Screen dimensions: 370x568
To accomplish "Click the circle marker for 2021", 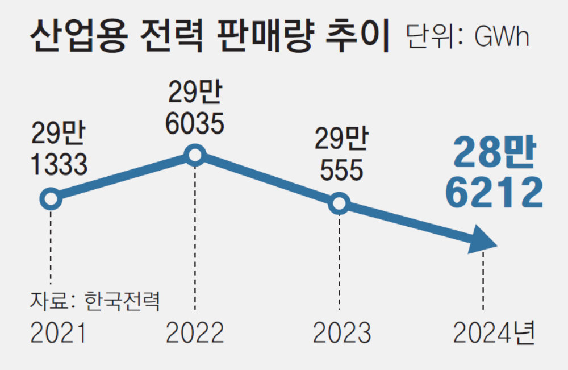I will coord(51,199).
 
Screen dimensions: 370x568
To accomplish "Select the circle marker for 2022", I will coord(195,155).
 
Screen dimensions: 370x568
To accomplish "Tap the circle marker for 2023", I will coord(339,203).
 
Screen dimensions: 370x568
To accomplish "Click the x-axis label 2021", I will coord(58,334).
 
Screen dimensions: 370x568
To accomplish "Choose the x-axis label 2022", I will coord(195,334).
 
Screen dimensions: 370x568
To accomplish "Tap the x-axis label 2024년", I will coord(494,334).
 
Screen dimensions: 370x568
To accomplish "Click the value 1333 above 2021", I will coord(59,165).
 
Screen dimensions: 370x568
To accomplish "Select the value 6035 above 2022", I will coord(195,123).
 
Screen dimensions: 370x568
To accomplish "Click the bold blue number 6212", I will coord(494,193).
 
